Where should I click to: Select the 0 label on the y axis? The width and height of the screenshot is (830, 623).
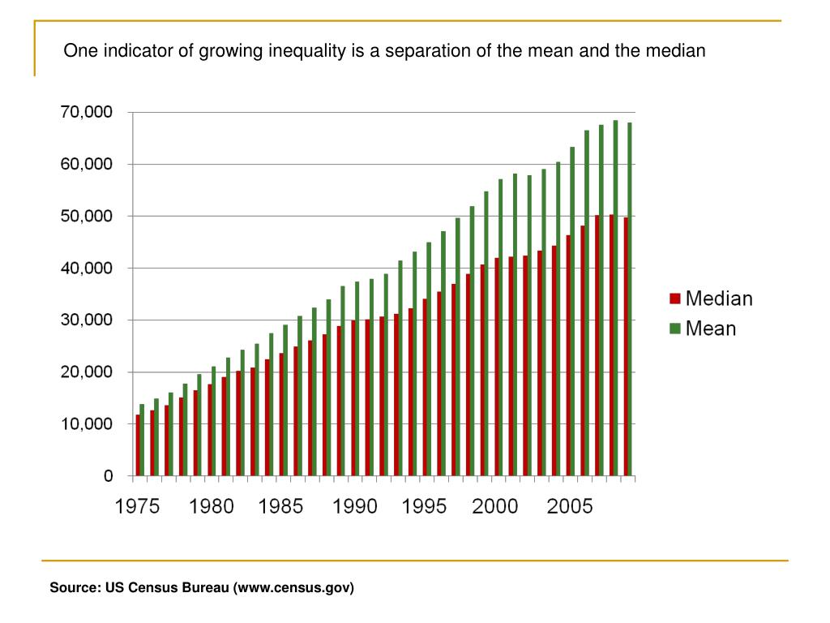[x=108, y=476]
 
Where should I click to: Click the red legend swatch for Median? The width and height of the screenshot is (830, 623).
[x=674, y=299]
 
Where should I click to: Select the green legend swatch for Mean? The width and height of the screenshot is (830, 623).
[x=674, y=329]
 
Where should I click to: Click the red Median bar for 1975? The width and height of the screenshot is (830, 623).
[x=139, y=445]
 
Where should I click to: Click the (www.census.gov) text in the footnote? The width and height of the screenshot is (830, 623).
[x=293, y=586]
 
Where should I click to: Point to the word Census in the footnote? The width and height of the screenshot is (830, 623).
[x=154, y=586]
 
